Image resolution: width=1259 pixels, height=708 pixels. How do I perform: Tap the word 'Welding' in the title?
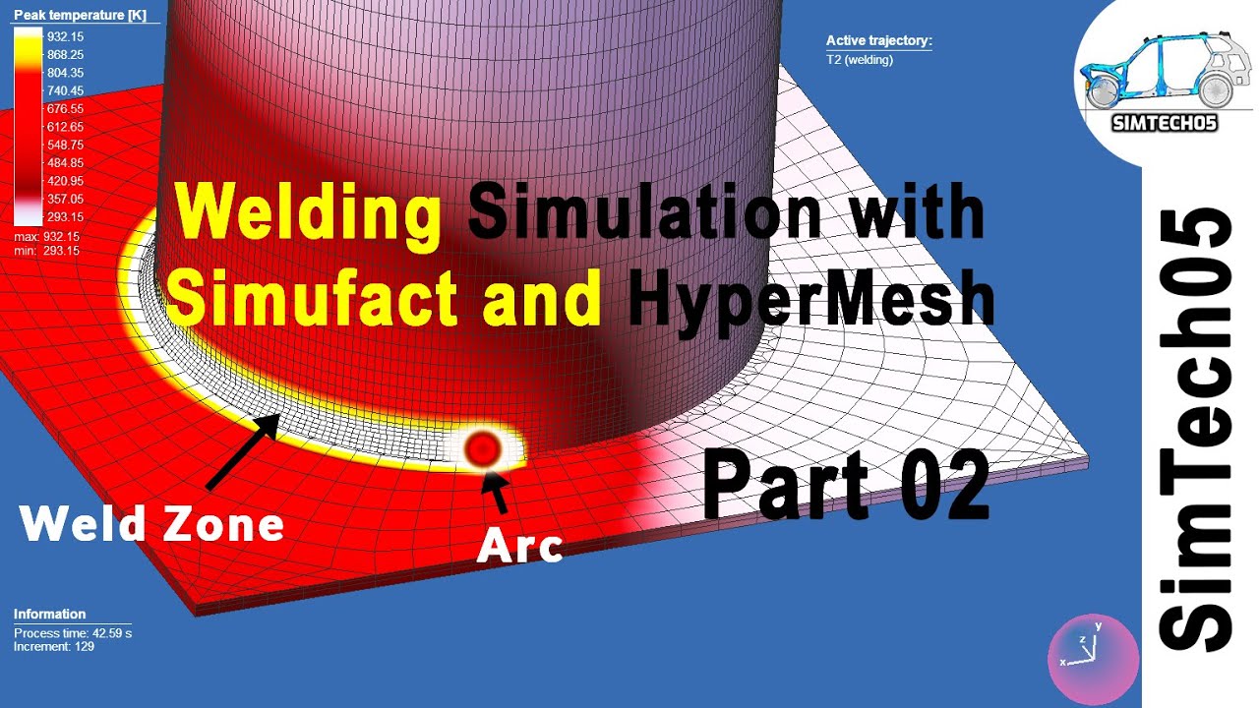point(307,213)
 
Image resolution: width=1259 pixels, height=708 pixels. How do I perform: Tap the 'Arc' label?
point(519,547)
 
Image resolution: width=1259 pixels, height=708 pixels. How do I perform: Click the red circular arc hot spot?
point(482,449)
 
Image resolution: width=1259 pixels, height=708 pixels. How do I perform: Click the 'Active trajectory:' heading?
point(878,41)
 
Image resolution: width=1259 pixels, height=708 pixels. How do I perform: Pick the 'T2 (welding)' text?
point(859,59)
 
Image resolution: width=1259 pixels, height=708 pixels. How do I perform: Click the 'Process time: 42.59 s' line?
point(72,633)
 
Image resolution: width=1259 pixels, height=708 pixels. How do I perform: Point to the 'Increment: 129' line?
point(53,647)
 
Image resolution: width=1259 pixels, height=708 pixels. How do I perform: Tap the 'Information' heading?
point(49,615)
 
